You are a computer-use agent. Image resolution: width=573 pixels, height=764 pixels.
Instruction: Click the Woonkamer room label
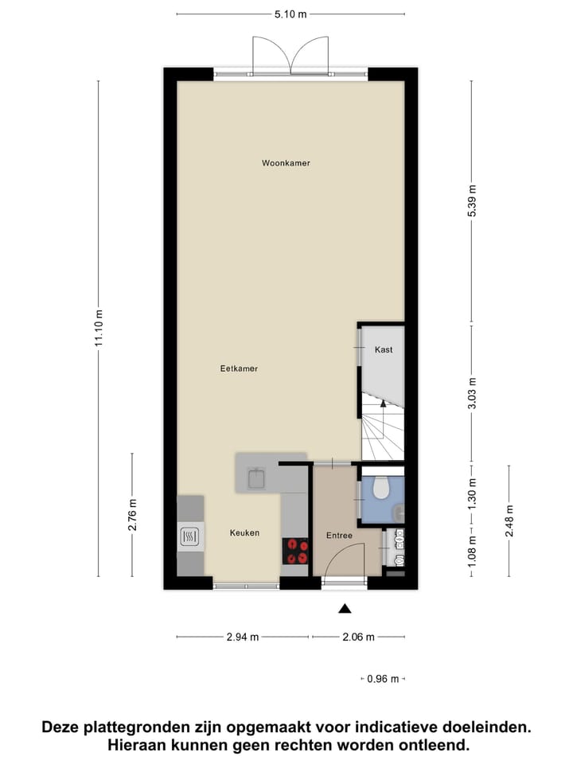pos(286,163)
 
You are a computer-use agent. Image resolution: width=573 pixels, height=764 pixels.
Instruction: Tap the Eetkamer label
pos(239,368)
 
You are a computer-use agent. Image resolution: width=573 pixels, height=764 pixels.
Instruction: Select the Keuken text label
pos(244,533)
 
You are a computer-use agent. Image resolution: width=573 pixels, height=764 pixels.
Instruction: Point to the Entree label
pos(339,536)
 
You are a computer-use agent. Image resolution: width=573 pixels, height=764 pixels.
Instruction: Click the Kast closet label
pos(384,349)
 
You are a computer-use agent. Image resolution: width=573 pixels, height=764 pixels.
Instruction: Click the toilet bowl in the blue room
pos(381,487)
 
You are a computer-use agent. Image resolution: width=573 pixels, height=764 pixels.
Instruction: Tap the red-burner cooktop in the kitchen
pos(296,551)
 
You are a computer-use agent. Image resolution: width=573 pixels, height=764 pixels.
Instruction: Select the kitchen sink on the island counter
pos(257,477)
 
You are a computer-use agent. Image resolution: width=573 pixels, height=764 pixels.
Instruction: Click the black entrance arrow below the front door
pos(345,609)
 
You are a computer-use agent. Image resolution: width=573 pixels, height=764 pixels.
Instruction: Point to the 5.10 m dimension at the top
pos(290,14)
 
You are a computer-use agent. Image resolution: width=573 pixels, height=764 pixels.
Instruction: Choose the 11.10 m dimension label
pos(99,328)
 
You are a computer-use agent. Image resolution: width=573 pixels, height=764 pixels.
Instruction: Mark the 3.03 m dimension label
pos(472,393)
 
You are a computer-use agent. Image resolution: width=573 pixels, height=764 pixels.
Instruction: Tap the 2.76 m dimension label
pos(132,514)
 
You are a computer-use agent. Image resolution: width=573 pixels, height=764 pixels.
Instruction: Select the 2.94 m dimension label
pos(243,637)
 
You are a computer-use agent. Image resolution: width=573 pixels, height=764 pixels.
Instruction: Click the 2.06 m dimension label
pos(358,637)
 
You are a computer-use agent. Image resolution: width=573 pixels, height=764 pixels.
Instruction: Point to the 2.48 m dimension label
pos(509,521)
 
